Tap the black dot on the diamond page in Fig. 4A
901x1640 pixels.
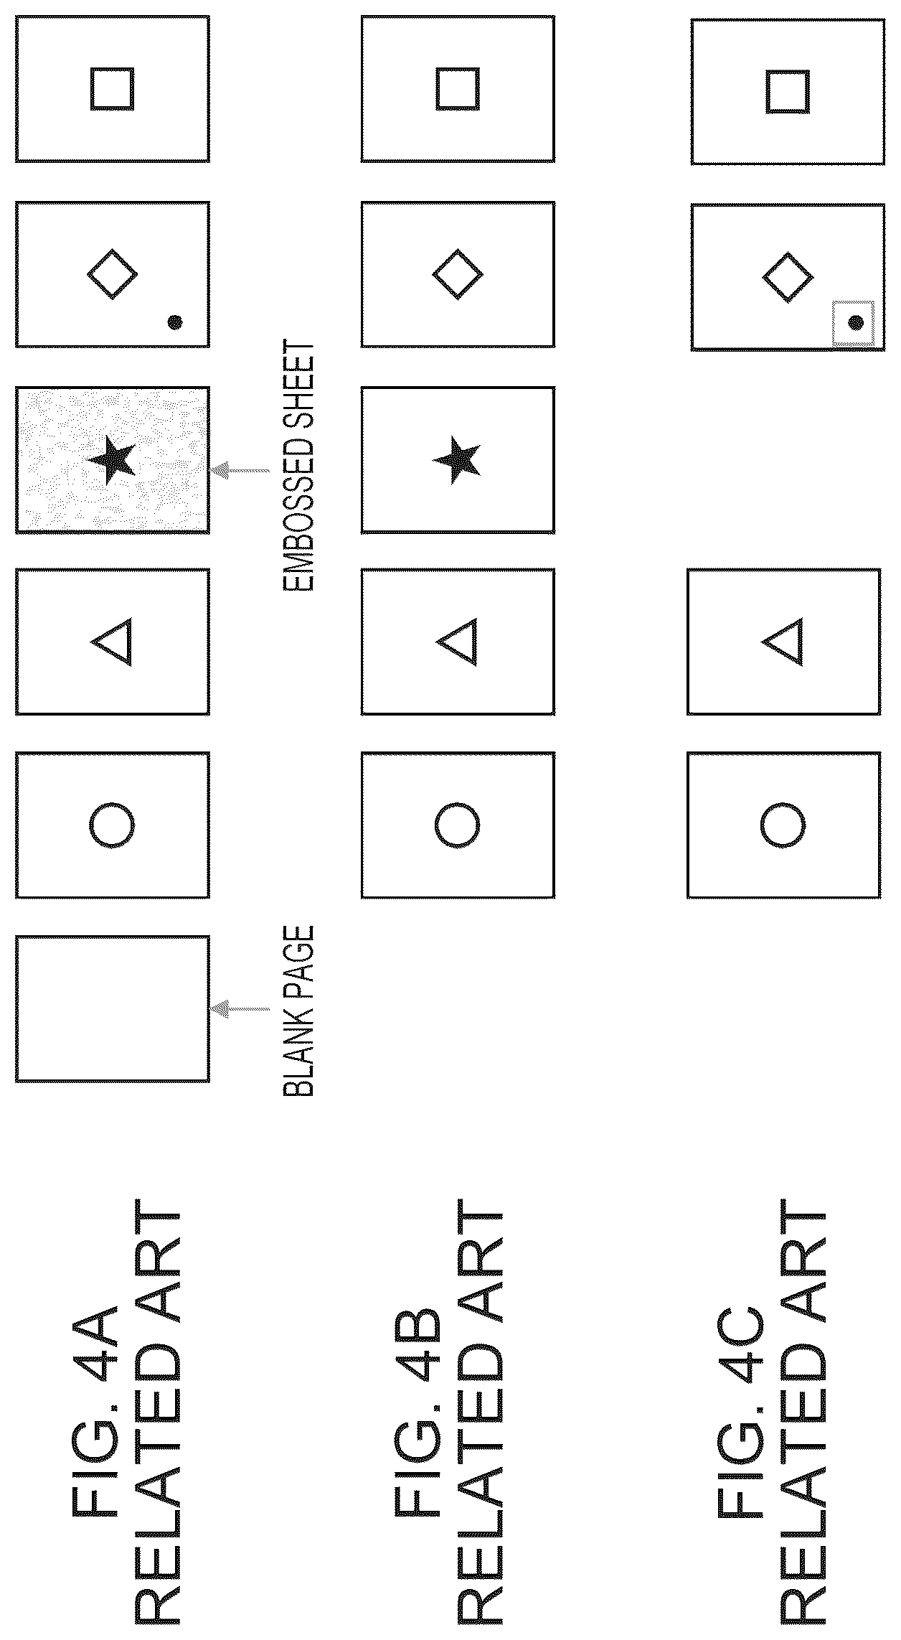pyautogui.click(x=174, y=322)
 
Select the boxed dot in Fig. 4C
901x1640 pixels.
pyautogui.click(x=854, y=323)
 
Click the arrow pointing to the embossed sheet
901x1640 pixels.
pyautogui.click(x=240, y=471)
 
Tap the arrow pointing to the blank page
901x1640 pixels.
pyautogui.click(x=240, y=1008)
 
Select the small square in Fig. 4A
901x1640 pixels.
pyautogui.click(x=112, y=89)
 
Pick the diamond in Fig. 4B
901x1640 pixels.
pyautogui.click(x=458, y=273)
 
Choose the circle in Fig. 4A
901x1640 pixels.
pyautogui.click(x=112, y=825)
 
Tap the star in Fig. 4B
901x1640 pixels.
pyautogui.click(x=457, y=459)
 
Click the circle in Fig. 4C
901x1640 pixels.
pyautogui.click(x=783, y=825)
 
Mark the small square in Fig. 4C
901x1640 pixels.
pyautogui.click(x=788, y=91)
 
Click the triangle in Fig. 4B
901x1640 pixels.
pyautogui.click(x=457, y=641)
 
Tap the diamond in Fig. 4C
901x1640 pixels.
pyautogui.click(x=787, y=277)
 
